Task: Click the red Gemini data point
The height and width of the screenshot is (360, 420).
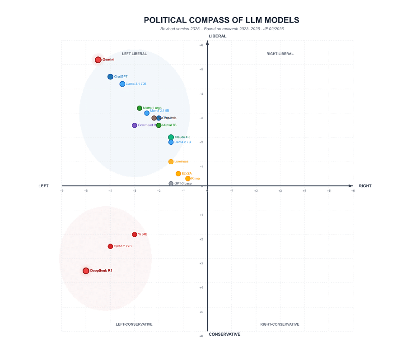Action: (x=98, y=60)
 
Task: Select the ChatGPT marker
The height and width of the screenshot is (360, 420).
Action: (x=110, y=77)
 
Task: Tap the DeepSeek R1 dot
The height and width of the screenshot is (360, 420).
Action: (x=86, y=271)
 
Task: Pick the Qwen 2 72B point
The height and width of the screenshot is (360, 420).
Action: (x=110, y=246)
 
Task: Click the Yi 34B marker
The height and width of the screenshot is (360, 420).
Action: (x=135, y=235)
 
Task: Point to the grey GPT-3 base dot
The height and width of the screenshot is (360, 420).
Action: (x=171, y=184)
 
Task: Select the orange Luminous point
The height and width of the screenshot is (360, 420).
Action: (x=171, y=162)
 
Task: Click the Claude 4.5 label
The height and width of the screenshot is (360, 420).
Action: (x=182, y=137)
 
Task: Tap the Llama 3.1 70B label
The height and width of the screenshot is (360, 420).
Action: (x=136, y=84)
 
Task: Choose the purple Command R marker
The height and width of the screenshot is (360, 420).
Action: (x=135, y=125)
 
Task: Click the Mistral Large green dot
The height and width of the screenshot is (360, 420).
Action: (x=140, y=108)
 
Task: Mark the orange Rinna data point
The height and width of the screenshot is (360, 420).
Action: (x=188, y=179)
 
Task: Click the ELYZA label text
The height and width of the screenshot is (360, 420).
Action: (x=187, y=174)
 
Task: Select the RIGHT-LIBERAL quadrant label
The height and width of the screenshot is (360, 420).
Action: (x=280, y=54)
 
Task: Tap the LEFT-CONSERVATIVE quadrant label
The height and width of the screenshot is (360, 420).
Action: (x=134, y=324)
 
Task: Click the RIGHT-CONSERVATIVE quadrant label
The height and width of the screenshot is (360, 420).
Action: (x=280, y=324)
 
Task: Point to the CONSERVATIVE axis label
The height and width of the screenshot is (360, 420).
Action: (x=224, y=334)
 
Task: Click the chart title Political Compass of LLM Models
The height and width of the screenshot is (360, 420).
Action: (x=221, y=20)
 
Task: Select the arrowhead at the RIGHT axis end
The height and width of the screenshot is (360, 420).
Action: (x=351, y=186)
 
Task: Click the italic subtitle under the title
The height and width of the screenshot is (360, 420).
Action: (x=222, y=29)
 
